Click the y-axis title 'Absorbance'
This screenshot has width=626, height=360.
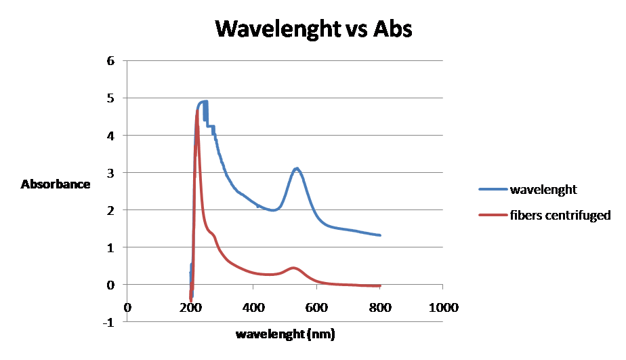click(x=56, y=184)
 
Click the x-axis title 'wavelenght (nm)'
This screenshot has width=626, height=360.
click(x=285, y=334)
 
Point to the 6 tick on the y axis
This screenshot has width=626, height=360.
click(x=111, y=61)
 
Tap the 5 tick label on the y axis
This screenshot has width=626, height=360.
click(x=111, y=98)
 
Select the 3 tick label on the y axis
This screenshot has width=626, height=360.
click(x=111, y=173)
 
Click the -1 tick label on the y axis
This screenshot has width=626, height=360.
click(x=109, y=323)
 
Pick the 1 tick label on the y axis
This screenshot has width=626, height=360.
click(x=111, y=248)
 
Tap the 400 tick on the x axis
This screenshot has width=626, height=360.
click(x=253, y=308)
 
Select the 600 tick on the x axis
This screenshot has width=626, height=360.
click(x=316, y=308)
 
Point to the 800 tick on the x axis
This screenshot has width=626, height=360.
click(x=379, y=308)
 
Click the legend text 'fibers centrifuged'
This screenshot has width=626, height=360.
click(x=561, y=216)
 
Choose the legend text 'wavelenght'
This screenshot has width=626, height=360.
click(x=544, y=190)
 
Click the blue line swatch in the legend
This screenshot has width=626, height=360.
click(x=494, y=190)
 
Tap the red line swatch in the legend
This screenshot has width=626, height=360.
click(x=494, y=216)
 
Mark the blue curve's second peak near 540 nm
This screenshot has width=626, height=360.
click(x=297, y=168)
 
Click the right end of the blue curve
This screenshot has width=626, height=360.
click(x=380, y=235)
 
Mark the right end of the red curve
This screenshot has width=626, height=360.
click(x=380, y=286)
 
